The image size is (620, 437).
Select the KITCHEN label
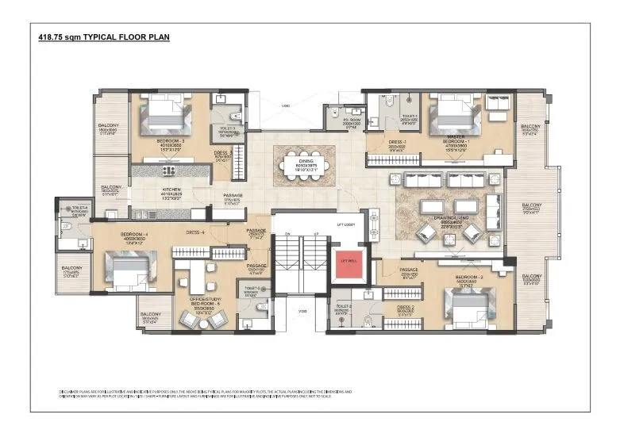pos(171,190)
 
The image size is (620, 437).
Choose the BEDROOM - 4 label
pos(132,235)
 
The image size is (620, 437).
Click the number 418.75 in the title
pos(51,37)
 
